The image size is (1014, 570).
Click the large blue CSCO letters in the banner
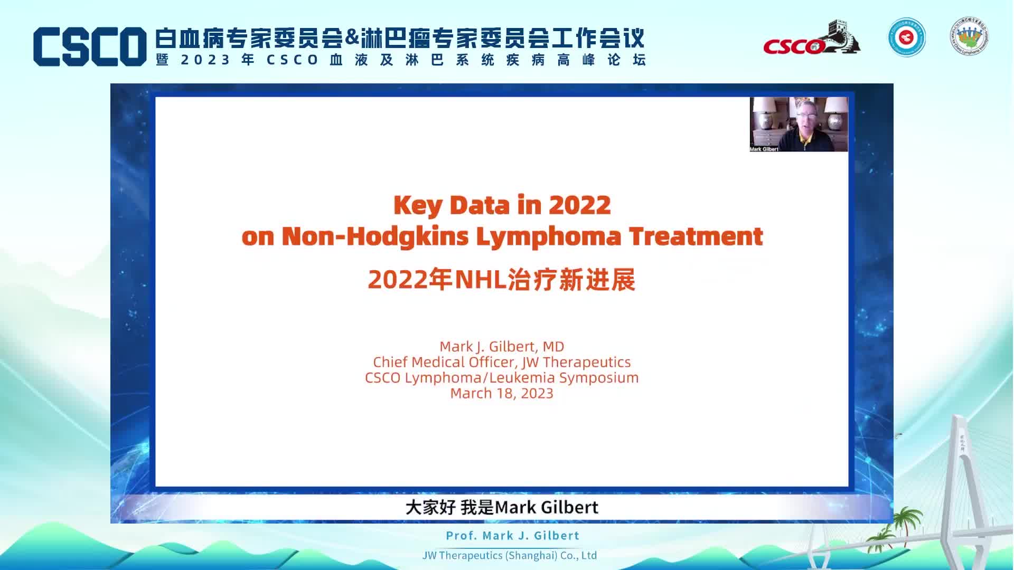point(90,46)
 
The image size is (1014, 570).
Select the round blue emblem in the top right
point(906,37)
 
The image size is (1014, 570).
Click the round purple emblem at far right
point(970,36)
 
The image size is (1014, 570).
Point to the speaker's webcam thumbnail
point(799,125)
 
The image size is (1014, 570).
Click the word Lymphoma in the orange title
point(549,236)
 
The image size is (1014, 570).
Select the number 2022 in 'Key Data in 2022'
point(579,205)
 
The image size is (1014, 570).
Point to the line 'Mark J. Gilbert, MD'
point(502,346)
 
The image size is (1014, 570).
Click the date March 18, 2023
point(502,393)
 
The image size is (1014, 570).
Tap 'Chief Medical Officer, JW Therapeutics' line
point(502,362)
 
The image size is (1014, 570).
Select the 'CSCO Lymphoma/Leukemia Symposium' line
point(502,378)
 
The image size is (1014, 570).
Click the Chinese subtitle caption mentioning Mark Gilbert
point(502,507)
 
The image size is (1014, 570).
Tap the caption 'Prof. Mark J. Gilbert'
point(513,535)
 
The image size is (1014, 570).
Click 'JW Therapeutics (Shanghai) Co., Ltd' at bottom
point(510,555)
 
